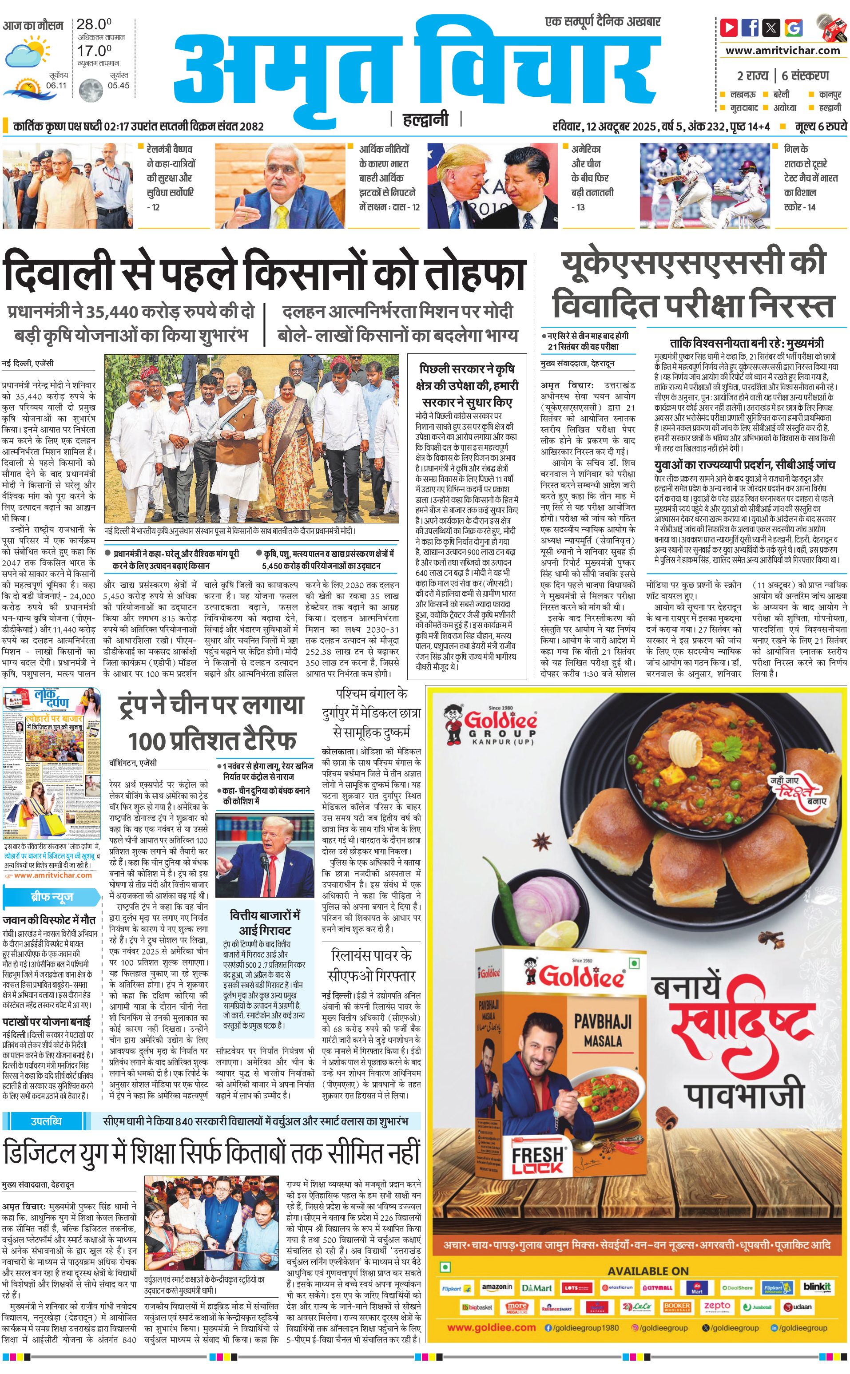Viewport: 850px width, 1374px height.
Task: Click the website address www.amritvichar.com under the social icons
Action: click(782, 51)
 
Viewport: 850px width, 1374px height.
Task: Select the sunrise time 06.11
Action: click(56, 85)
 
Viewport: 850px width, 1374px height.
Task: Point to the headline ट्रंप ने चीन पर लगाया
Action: click(211, 706)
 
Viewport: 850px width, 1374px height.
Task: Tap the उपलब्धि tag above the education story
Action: click(46, 1121)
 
